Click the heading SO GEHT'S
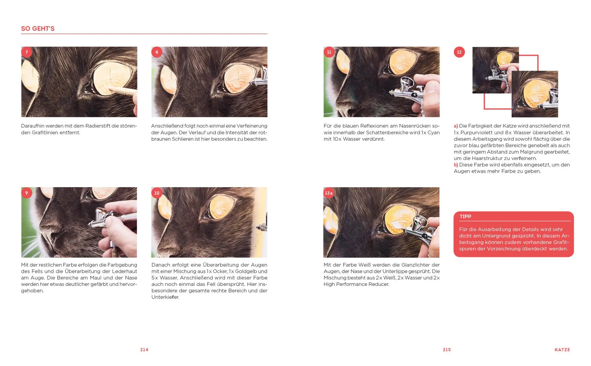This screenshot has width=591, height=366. pyautogui.click(x=38, y=29)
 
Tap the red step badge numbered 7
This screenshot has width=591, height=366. pyautogui.click(x=27, y=52)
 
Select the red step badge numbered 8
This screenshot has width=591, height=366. pyautogui.click(x=157, y=52)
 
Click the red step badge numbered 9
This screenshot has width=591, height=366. pyautogui.click(x=27, y=193)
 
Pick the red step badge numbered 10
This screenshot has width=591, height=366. pyautogui.click(x=157, y=193)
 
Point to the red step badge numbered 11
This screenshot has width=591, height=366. pyautogui.click(x=329, y=52)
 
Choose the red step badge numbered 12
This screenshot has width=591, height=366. pyautogui.click(x=459, y=52)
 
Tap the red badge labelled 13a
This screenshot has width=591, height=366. pyautogui.click(x=329, y=193)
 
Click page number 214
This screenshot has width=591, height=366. pyautogui.click(x=144, y=350)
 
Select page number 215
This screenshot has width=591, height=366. pyautogui.click(x=447, y=350)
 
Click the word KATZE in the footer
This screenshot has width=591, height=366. pyautogui.click(x=562, y=350)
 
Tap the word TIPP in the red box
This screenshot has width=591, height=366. pyautogui.click(x=465, y=216)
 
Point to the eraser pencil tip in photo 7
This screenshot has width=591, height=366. pyautogui.click(x=111, y=89)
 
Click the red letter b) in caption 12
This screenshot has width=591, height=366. pyautogui.click(x=456, y=165)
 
